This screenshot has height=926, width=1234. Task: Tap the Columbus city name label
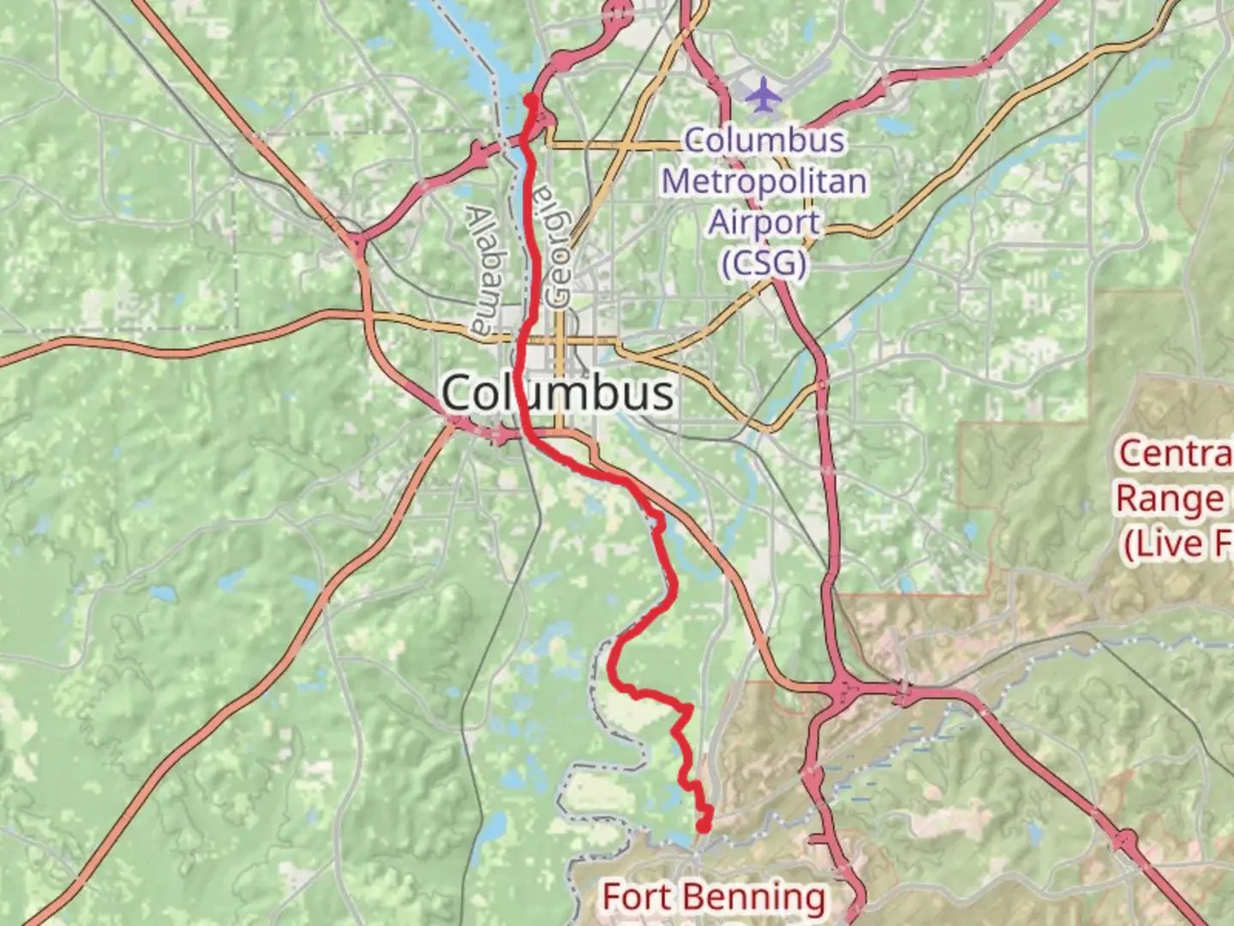558,393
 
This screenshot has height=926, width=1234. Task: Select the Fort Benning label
714,897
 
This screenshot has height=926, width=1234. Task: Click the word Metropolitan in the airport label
764,181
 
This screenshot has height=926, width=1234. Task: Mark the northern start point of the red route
531,100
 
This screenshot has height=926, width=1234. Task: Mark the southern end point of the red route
703,827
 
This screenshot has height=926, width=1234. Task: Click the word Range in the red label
1170,498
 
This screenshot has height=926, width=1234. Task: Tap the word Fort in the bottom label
635,897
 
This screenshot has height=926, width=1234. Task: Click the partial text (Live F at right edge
1178,544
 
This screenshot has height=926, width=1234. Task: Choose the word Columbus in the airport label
764,141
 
